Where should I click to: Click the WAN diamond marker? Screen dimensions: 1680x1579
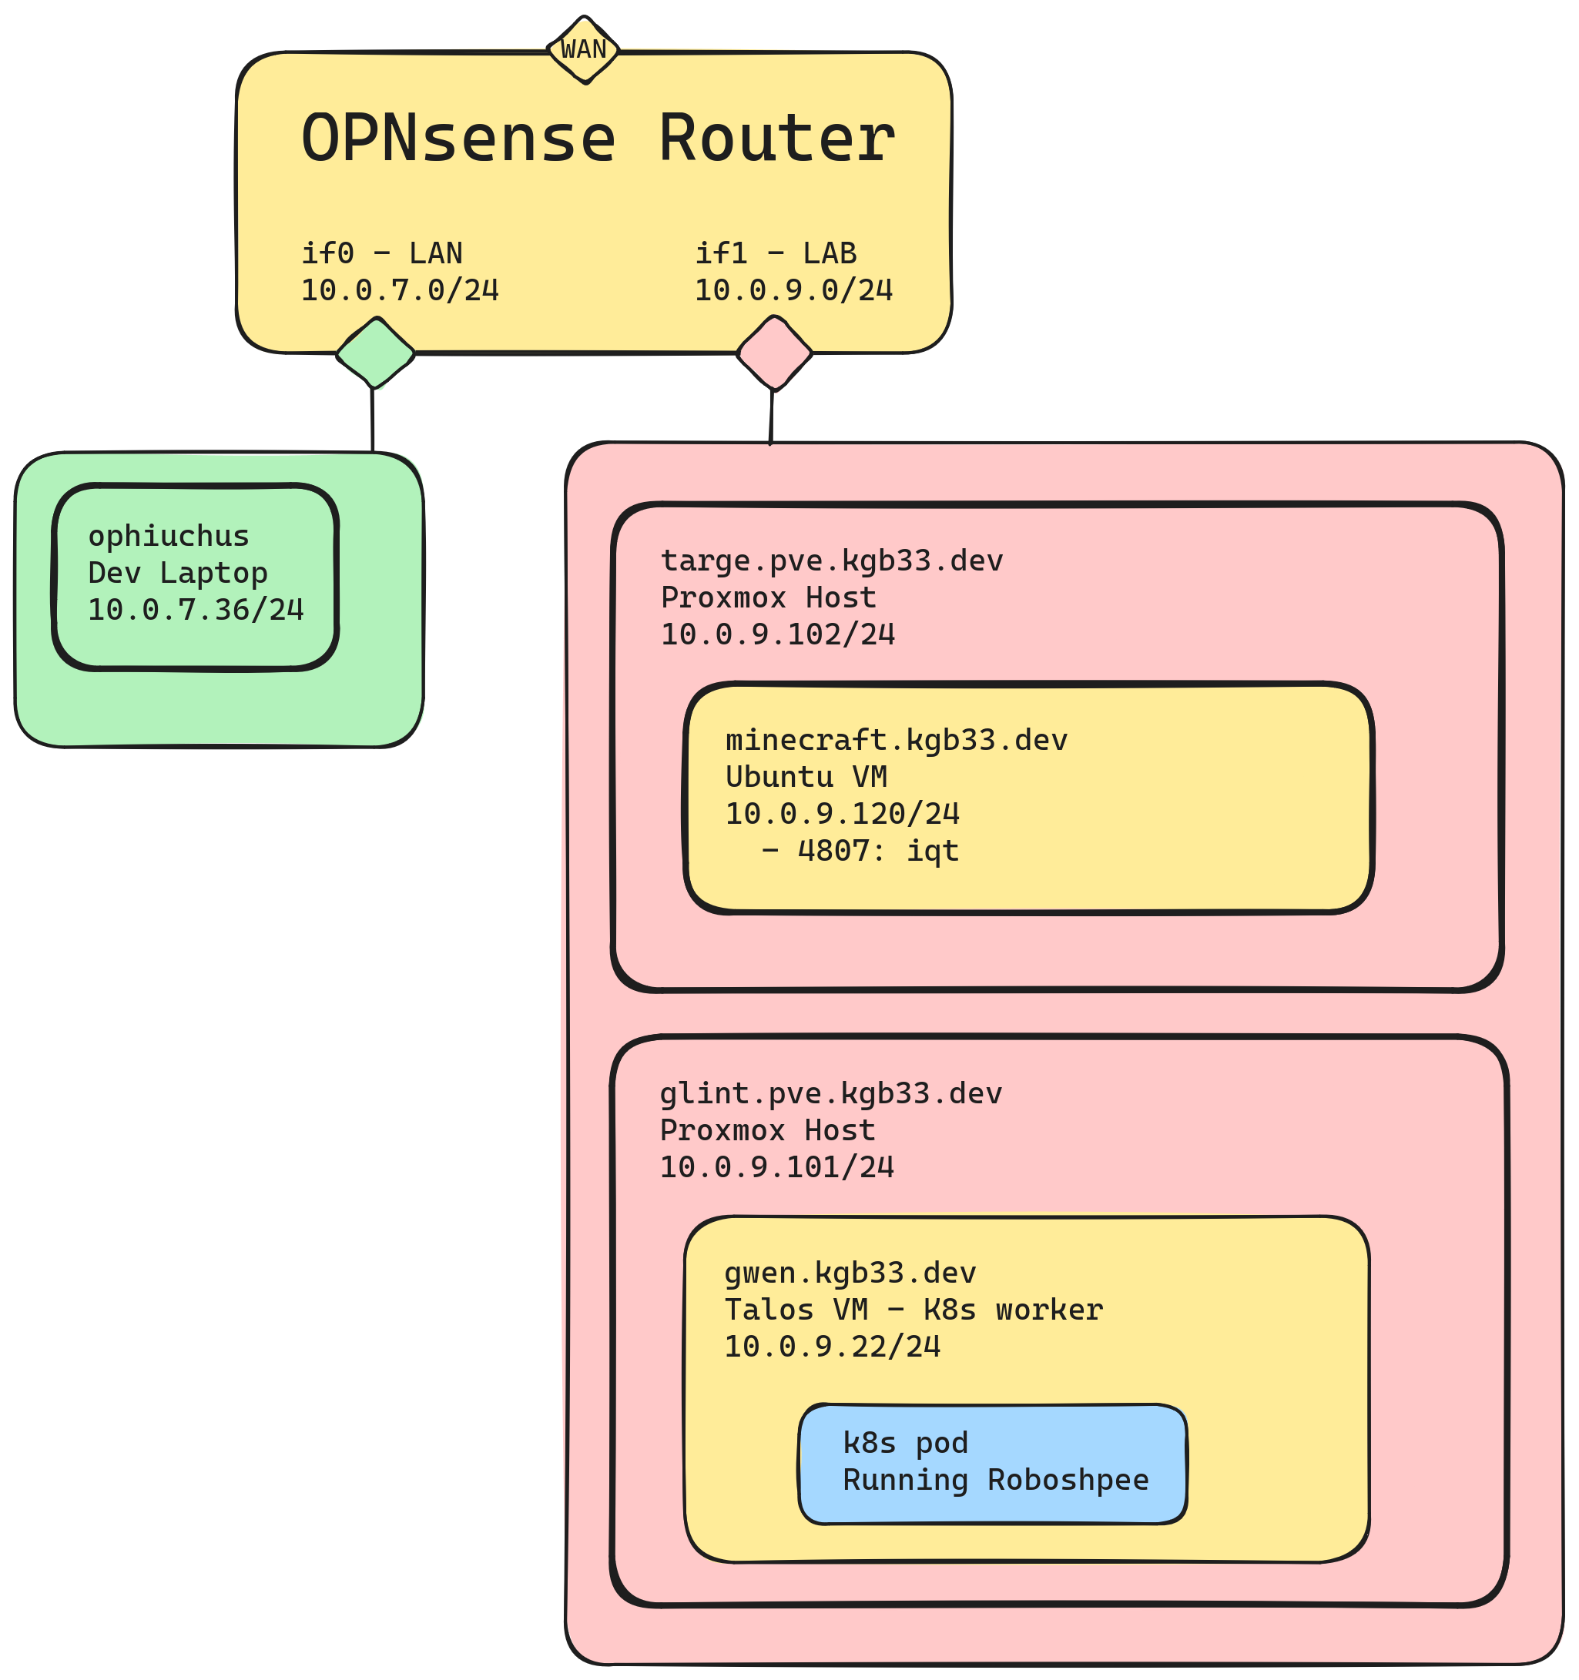583,50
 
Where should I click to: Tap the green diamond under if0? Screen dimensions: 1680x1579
375,353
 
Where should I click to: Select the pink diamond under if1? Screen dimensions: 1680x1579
773,353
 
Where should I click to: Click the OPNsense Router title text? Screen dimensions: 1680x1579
598,139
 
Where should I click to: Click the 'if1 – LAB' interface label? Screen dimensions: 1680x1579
775,253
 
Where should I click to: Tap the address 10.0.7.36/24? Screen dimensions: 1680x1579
196,609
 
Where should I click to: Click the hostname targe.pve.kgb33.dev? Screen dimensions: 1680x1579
831,561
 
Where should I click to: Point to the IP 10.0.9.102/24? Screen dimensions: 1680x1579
777,634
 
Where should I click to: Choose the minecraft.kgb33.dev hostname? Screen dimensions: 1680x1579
896,739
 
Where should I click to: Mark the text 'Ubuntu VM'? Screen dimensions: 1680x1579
806,777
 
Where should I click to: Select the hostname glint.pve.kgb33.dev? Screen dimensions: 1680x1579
830,1093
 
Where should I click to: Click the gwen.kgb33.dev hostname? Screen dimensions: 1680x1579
850,1272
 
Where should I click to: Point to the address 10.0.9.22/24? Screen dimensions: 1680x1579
832,1345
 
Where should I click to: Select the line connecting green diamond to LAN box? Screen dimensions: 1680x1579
372,420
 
